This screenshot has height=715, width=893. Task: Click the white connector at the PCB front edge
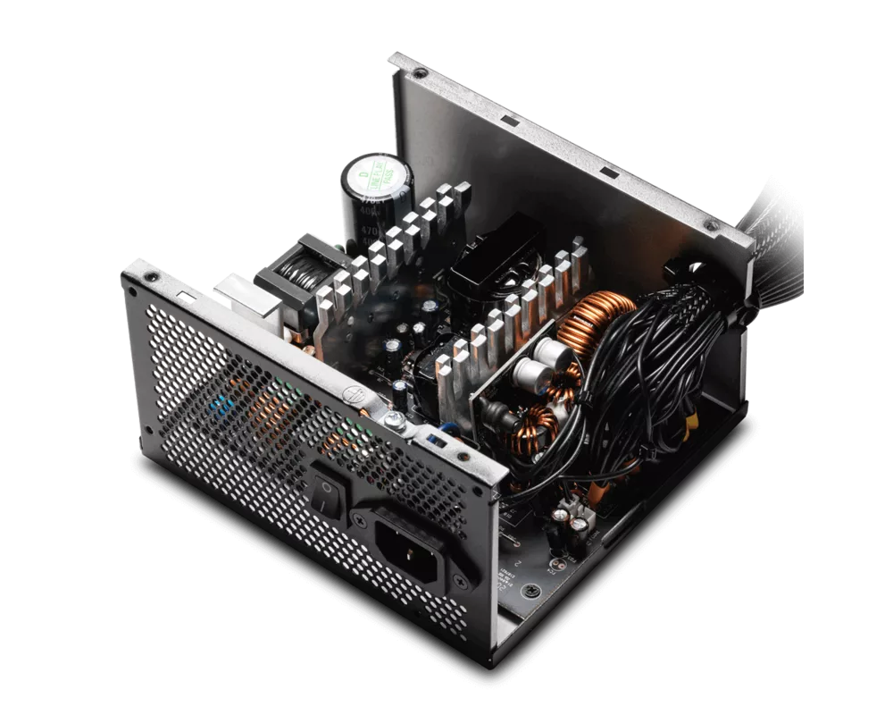[x=567, y=516]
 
